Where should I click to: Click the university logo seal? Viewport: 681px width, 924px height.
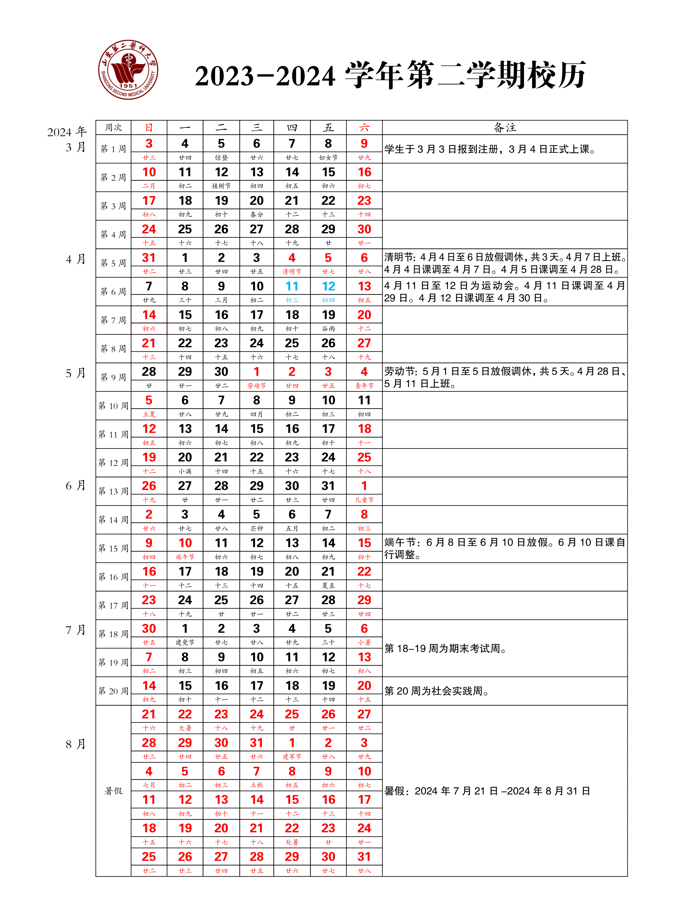tap(128, 70)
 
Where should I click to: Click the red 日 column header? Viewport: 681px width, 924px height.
tap(149, 128)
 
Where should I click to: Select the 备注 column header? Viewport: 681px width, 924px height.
tap(504, 128)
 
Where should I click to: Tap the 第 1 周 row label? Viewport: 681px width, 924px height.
tap(113, 149)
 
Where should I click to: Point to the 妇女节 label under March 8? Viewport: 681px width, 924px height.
tap(328, 158)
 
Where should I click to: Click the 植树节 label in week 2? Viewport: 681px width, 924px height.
tap(221, 186)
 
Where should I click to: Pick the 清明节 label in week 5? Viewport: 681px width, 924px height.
tap(292, 271)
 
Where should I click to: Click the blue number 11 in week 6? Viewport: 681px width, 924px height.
tap(292, 286)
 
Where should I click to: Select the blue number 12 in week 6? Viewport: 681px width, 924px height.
tap(328, 286)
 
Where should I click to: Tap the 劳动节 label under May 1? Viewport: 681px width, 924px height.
tap(256, 386)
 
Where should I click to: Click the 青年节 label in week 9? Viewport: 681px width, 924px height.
tap(364, 386)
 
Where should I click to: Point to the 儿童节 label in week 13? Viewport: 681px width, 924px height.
tap(364, 500)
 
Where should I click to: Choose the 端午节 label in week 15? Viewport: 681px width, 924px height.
tap(185, 557)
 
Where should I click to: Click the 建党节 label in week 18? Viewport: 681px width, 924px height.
tap(185, 643)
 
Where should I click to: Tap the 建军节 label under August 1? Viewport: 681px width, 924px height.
tap(292, 757)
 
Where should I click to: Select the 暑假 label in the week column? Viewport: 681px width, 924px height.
tap(113, 791)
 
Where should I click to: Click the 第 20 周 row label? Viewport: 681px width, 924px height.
tap(113, 691)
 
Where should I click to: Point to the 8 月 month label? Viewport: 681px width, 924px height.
tap(76, 744)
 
